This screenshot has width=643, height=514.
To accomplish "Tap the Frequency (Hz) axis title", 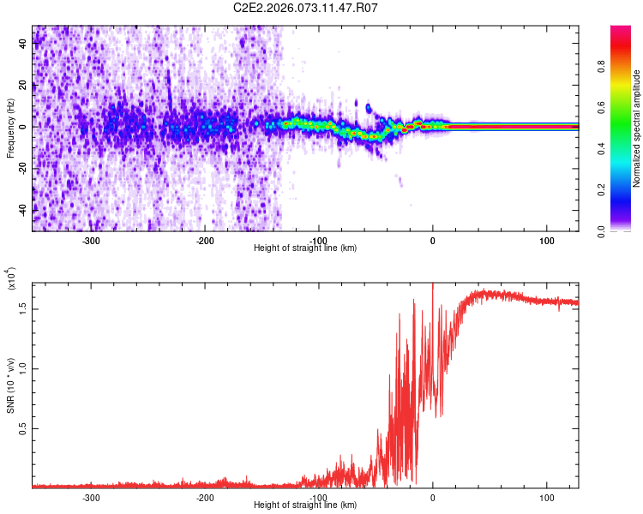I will coord(10,128).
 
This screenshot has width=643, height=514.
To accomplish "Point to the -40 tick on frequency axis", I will coord(24,210).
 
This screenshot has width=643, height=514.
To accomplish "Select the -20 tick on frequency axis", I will coord(24,169).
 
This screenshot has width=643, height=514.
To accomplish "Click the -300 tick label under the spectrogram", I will coord(91,239).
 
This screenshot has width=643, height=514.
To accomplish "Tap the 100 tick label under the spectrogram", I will coord(547,239).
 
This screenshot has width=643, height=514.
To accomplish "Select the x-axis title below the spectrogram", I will coord(305,248).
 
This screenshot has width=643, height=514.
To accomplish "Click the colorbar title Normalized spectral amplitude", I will coord(637,128).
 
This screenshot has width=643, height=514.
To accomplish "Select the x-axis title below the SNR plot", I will coord(305,505).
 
